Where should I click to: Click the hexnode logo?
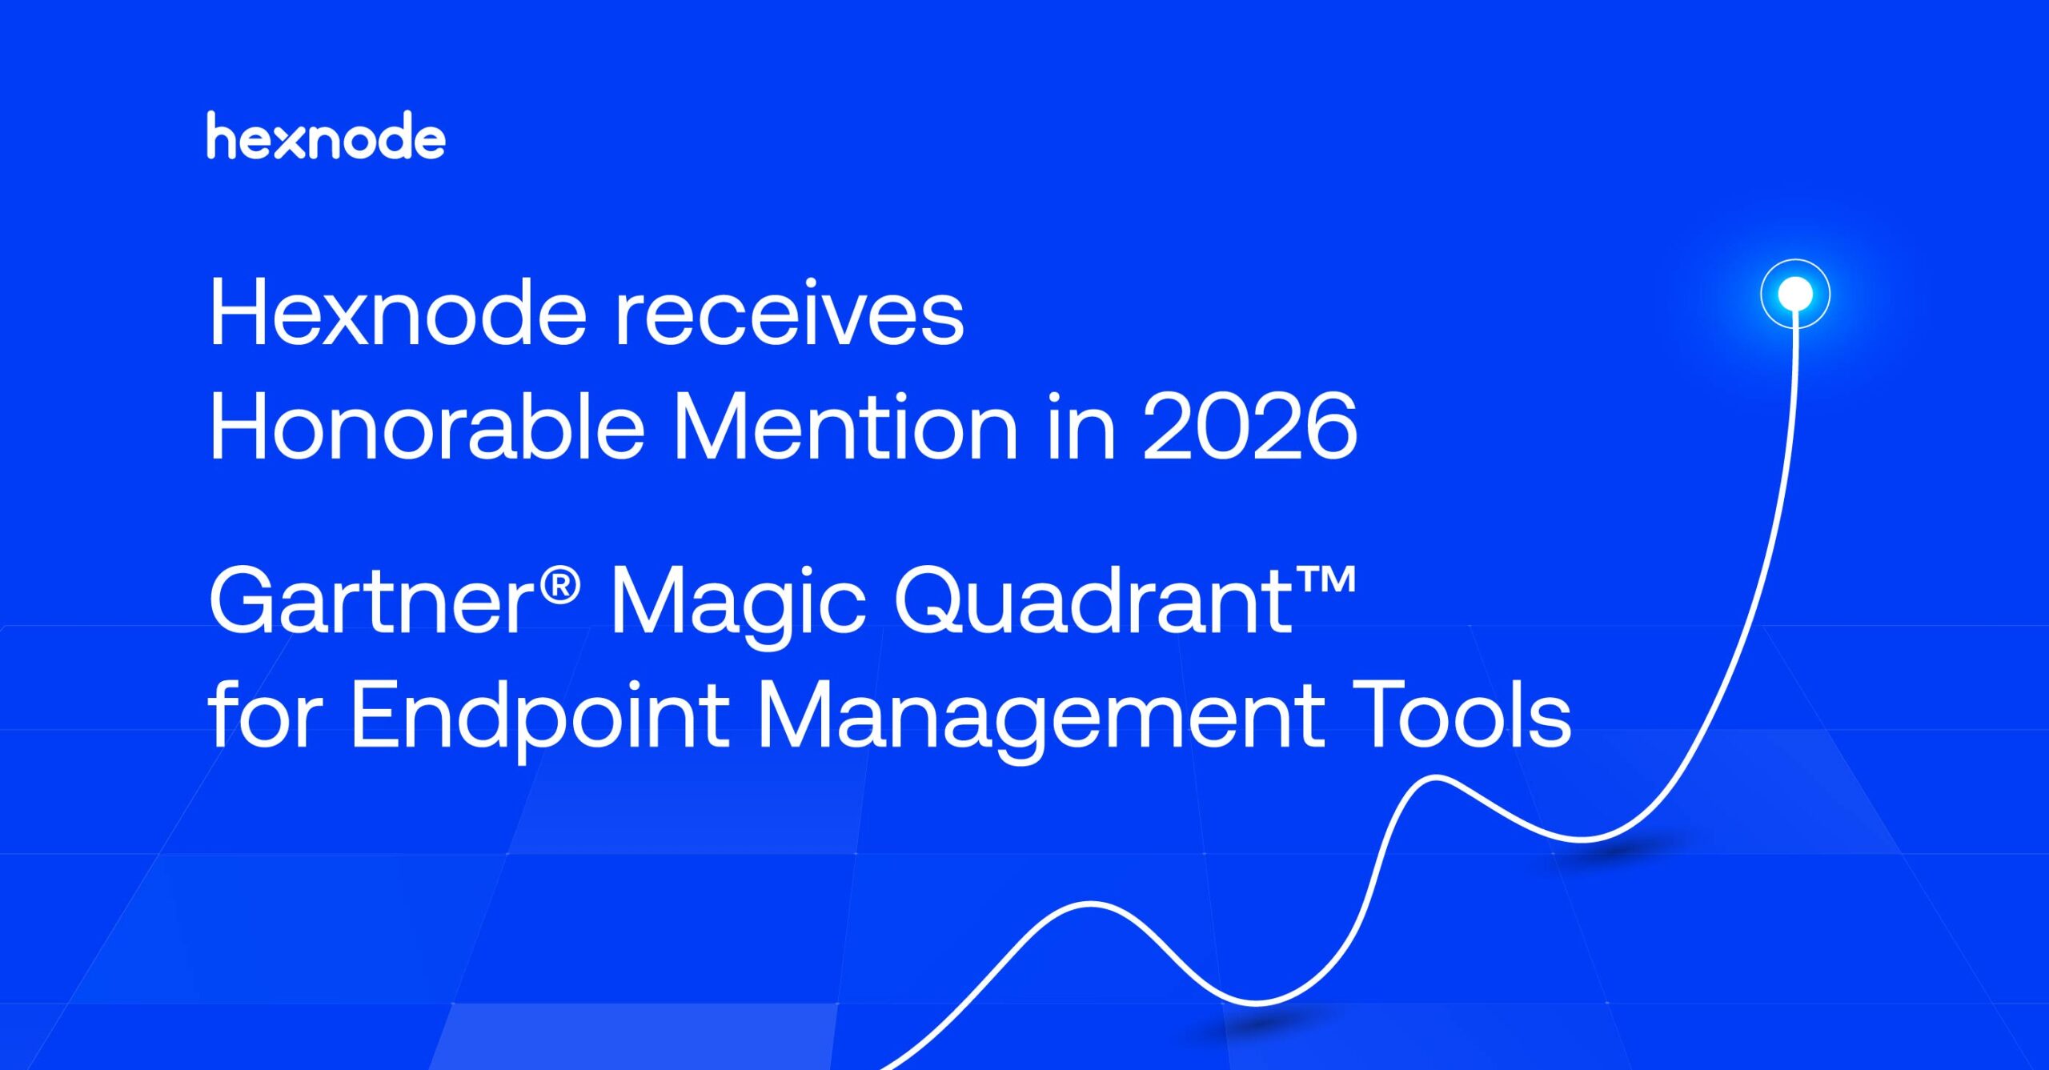tap(325, 136)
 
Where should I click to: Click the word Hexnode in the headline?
tap(398, 314)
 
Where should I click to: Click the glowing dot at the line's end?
tap(1795, 294)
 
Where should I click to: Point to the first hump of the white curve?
tap(1090, 904)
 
